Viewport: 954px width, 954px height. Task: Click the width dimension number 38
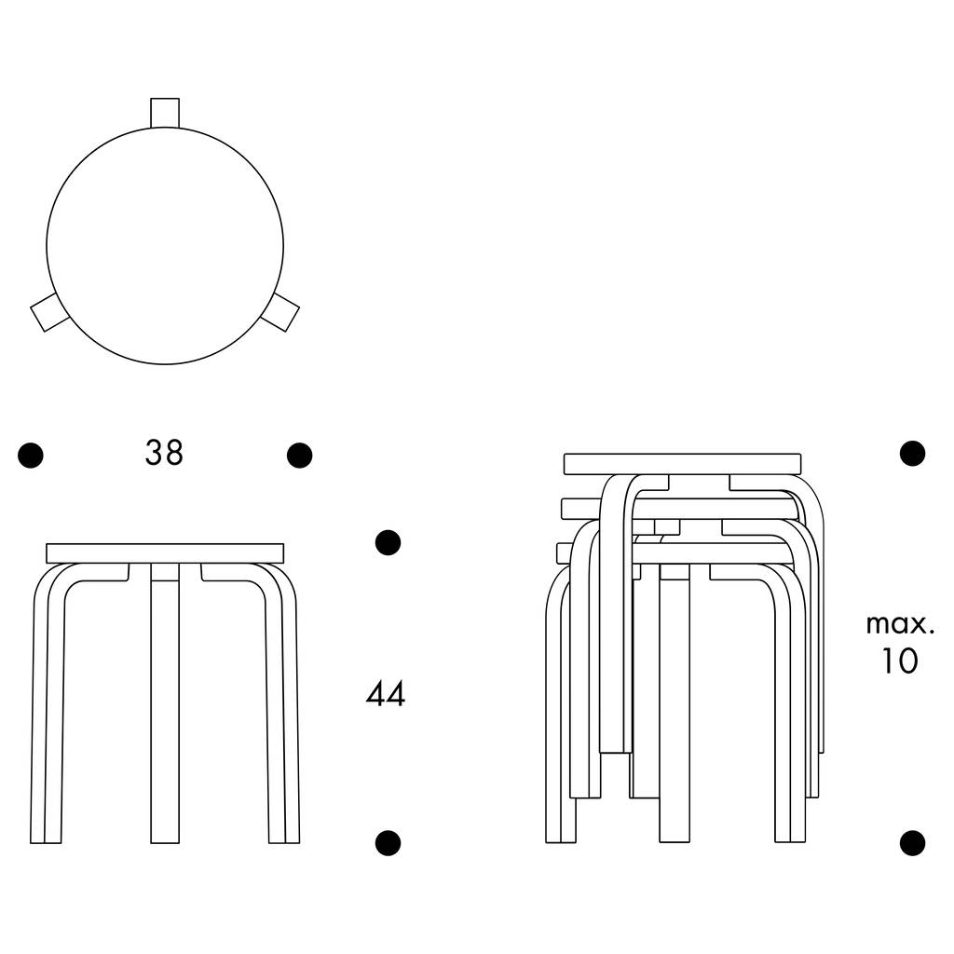pyautogui.click(x=164, y=453)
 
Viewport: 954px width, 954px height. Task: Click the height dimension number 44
pyautogui.click(x=385, y=694)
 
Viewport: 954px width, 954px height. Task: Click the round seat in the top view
pyautogui.click(x=165, y=245)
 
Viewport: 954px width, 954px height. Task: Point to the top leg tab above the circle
pyautogui.click(x=165, y=111)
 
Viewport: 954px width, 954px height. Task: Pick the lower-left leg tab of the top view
pyautogui.click(x=45, y=313)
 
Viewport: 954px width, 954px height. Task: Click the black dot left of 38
pyautogui.click(x=31, y=455)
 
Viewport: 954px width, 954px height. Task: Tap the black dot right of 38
pyautogui.click(x=299, y=455)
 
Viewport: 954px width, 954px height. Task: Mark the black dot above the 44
pyautogui.click(x=388, y=541)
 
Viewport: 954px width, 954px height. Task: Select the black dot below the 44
pyautogui.click(x=388, y=842)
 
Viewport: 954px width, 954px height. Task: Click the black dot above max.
pyautogui.click(x=912, y=454)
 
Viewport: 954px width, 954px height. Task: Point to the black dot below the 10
pyautogui.click(x=912, y=842)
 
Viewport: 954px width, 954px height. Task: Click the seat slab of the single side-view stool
pyautogui.click(x=165, y=552)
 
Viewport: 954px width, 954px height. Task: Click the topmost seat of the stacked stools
pyautogui.click(x=683, y=464)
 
